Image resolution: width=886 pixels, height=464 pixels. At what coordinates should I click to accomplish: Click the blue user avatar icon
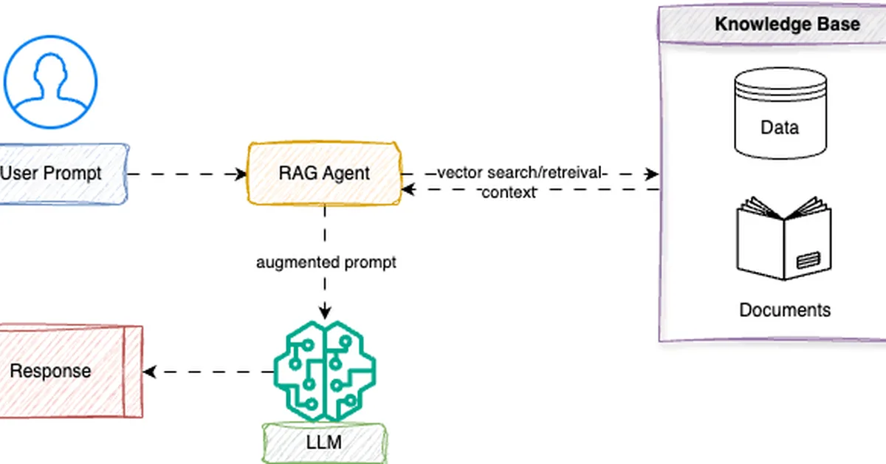coord(50,78)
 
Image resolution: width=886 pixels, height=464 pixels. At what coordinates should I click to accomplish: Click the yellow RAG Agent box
coord(324,174)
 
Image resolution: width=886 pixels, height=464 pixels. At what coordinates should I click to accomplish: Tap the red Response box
coord(66,371)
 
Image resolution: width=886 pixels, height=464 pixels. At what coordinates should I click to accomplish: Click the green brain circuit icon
coord(325,368)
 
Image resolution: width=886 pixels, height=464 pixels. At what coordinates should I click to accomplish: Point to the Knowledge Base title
coord(787,24)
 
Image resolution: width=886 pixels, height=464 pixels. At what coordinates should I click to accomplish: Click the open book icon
coord(783,238)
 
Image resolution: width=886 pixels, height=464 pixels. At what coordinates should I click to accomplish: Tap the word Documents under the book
coord(785,310)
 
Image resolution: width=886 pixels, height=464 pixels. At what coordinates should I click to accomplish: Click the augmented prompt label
coord(326,262)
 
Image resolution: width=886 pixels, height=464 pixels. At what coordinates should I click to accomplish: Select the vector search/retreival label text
coord(521,174)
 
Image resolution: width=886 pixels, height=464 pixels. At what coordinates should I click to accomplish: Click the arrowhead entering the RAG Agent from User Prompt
coord(241,174)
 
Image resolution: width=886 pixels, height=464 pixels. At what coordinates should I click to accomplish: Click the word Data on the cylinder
coord(779,127)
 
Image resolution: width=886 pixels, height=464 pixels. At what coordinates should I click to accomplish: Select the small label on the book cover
coord(808,259)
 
